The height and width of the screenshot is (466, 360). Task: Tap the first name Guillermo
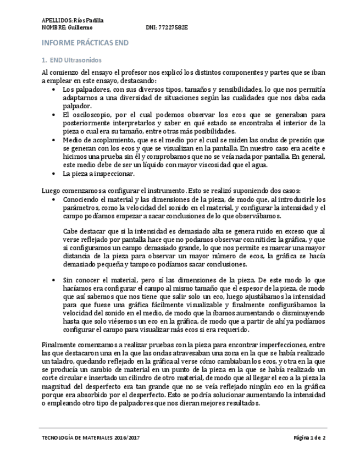point(81,27)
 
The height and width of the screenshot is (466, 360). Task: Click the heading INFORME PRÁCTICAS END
point(85,42)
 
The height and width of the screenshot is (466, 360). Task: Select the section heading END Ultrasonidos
point(75,59)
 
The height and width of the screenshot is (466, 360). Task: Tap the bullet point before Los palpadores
point(53,89)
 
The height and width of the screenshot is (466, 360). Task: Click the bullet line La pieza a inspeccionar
point(98,174)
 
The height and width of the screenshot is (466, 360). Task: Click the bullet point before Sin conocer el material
point(53,280)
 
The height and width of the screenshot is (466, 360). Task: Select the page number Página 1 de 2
point(309,438)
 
